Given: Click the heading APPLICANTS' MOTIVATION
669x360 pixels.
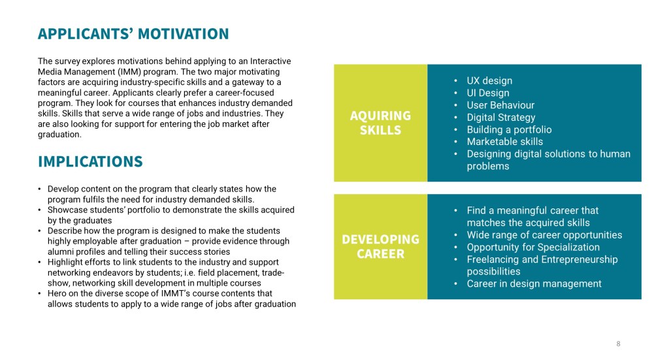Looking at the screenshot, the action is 133,34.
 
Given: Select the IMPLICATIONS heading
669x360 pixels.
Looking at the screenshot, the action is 90,161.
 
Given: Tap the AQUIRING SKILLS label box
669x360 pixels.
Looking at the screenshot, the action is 380,123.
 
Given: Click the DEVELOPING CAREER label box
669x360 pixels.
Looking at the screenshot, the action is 380,246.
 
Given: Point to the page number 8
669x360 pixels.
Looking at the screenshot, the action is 618,344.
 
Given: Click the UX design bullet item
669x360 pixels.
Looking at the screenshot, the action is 489,80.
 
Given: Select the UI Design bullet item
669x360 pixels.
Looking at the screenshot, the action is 487,93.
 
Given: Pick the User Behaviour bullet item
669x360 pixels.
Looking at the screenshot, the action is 500,105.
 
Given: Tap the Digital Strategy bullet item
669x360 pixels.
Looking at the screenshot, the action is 501,118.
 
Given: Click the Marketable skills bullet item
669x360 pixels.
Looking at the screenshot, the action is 505,142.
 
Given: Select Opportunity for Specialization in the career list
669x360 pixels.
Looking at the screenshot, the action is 533,248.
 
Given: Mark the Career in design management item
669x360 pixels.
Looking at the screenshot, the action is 534,284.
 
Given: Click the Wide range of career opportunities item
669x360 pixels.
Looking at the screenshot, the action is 544,235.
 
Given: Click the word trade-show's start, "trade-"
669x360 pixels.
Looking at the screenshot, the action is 273,272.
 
